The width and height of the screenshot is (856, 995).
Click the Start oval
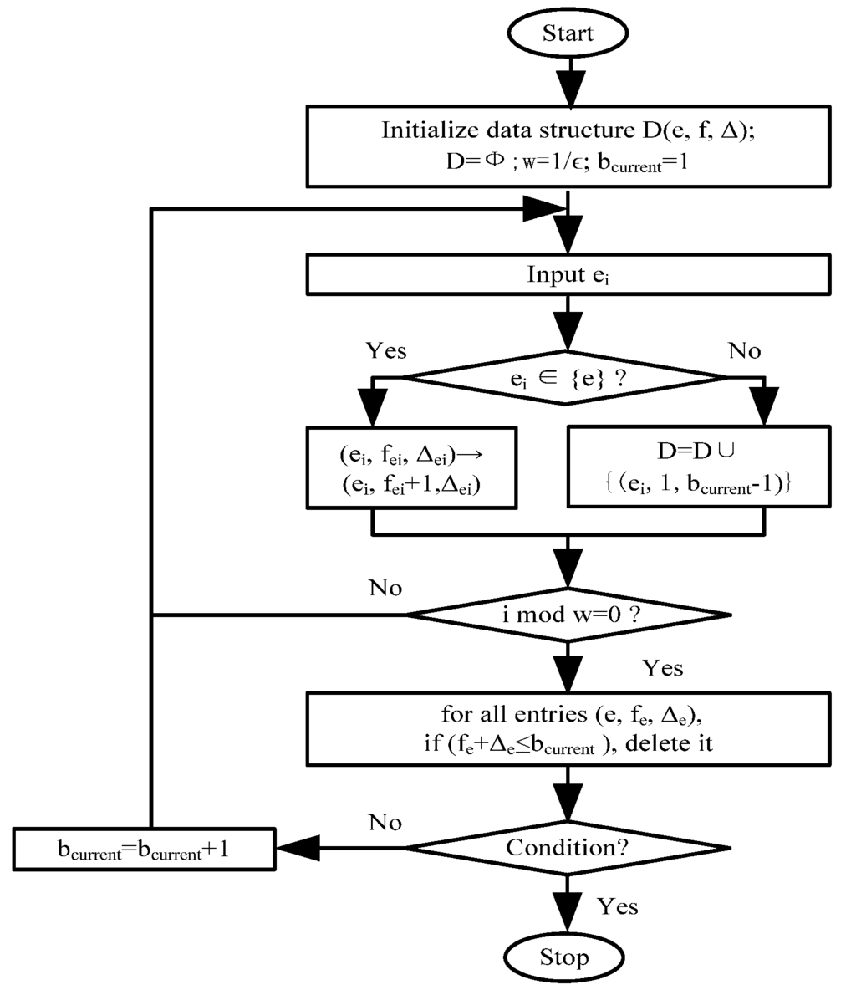pyautogui.click(x=568, y=33)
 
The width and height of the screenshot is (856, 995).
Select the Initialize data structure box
pyautogui.click(x=568, y=145)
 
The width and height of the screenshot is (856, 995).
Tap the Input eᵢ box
pyautogui.click(x=568, y=275)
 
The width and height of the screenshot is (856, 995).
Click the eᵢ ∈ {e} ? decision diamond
pyautogui.click(x=568, y=378)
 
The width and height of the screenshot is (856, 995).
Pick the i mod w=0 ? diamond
pyautogui.click(x=568, y=615)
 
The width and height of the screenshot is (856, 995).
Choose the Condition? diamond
pyautogui.click(x=568, y=848)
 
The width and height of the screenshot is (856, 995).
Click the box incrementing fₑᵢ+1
pyautogui.click(x=411, y=467)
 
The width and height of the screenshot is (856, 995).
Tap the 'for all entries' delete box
pyautogui.click(x=568, y=728)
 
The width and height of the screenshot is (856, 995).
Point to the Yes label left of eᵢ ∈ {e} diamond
pyautogui.click(x=386, y=350)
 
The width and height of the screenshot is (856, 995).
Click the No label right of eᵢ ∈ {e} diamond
pyautogui.click(x=744, y=350)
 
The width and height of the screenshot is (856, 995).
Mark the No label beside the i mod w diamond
pyautogui.click(x=385, y=588)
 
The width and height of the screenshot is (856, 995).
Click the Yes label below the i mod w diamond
pyautogui.click(x=663, y=668)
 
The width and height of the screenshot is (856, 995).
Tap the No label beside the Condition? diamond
pyautogui.click(x=385, y=823)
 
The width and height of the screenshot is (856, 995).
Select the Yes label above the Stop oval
pyautogui.click(x=618, y=906)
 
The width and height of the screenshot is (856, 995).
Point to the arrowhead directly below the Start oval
pyautogui.click(x=568, y=86)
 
